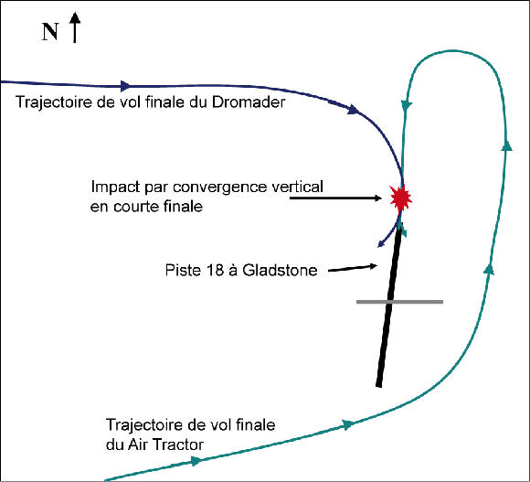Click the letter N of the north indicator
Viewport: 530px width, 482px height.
click(50, 32)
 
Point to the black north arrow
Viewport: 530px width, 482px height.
click(75, 27)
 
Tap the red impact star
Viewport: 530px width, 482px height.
click(401, 198)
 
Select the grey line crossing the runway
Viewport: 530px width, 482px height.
click(399, 302)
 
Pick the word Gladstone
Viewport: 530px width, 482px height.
click(280, 270)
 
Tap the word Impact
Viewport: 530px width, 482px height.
click(116, 187)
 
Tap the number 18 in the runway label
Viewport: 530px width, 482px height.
click(215, 270)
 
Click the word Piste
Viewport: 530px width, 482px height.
click(184, 270)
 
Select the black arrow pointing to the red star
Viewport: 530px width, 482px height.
click(335, 198)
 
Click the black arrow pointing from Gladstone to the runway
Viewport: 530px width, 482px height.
click(353, 268)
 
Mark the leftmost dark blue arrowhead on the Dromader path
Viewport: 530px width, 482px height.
click(125, 86)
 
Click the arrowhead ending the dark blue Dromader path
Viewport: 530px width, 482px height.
click(381, 244)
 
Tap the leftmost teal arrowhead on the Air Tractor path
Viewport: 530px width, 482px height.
click(196, 460)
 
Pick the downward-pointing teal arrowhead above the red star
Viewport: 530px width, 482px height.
click(406, 105)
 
